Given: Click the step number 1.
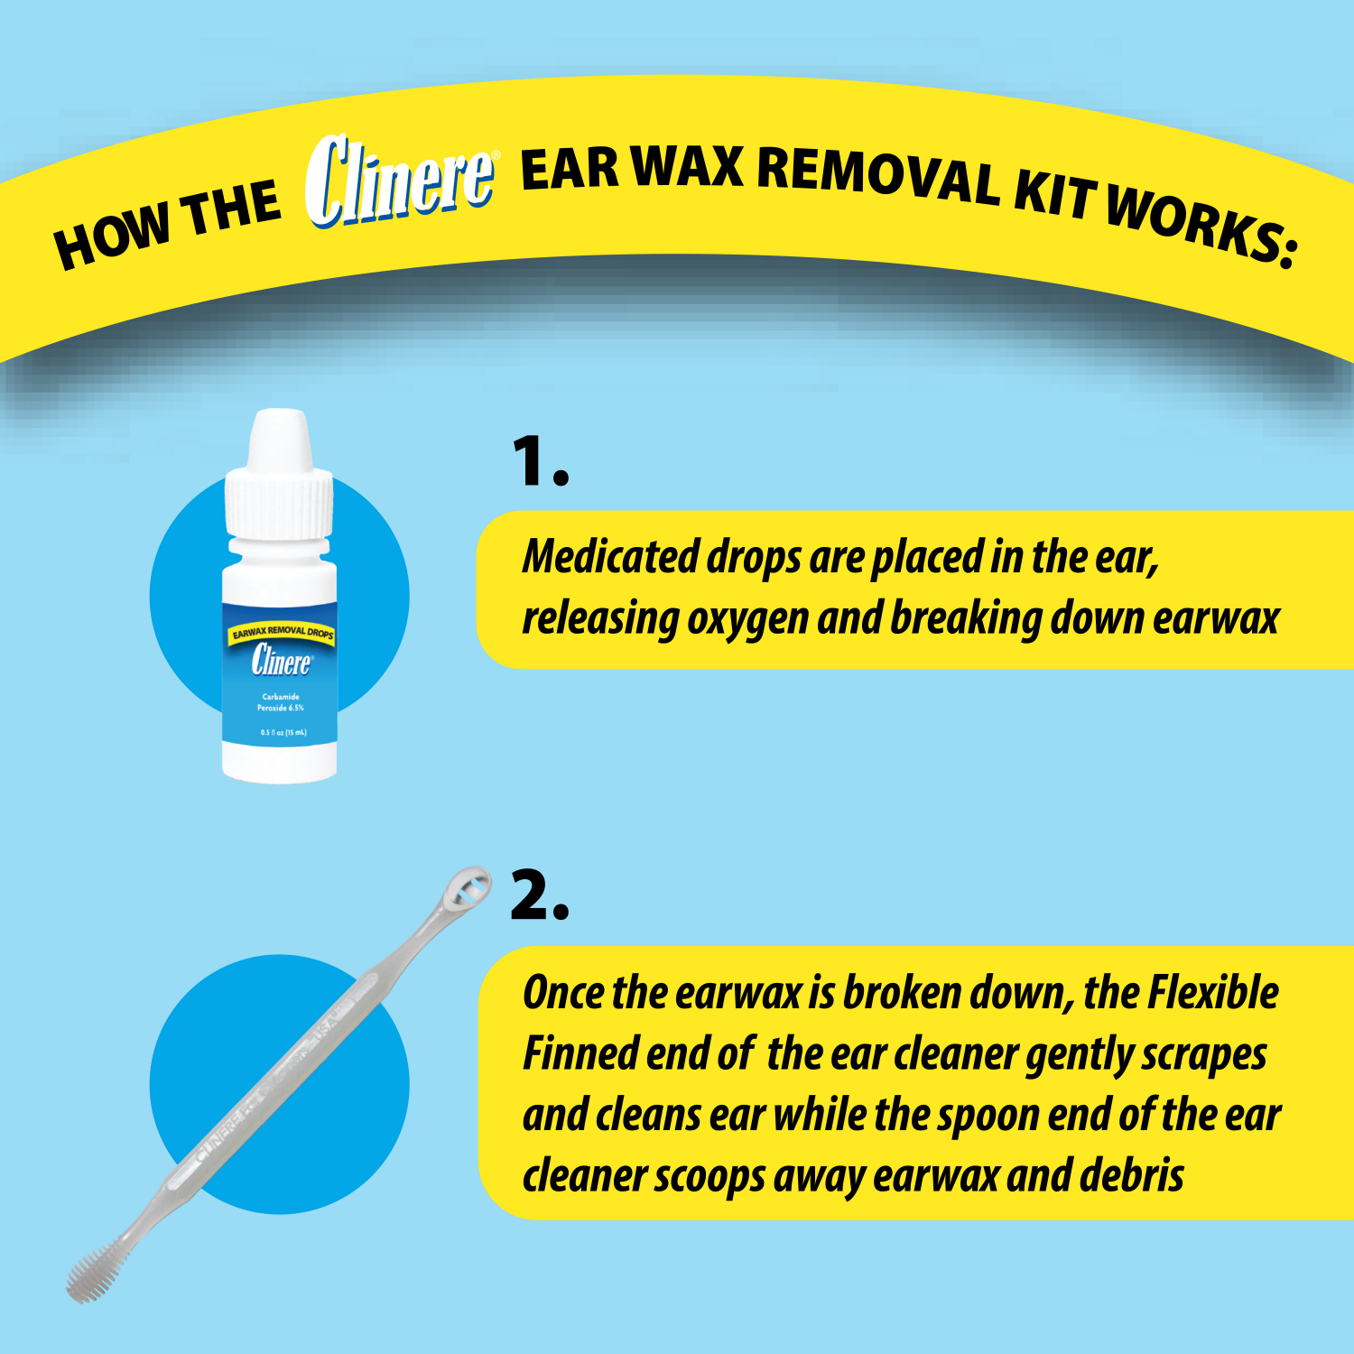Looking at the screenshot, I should click(x=540, y=462).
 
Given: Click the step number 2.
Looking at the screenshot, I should click(x=540, y=896).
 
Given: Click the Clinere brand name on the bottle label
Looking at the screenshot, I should click(x=281, y=662).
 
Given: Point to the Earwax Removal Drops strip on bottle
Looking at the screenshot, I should click(x=282, y=632).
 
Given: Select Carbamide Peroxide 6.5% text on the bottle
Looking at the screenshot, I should click(x=281, y=702).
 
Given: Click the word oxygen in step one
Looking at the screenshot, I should click(x=747, y=619).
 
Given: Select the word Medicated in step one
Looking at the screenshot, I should click(x=610, y=557).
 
